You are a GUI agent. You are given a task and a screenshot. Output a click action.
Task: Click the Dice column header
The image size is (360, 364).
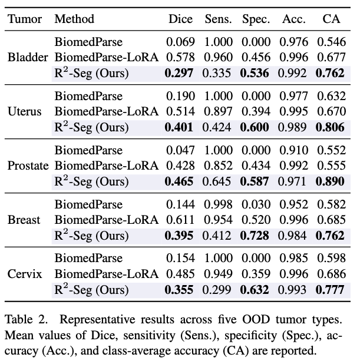pos(180,19)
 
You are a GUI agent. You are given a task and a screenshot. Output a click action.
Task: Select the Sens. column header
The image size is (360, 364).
pos(218,19)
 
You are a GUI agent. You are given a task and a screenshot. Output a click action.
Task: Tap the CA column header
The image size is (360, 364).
pos(332,19)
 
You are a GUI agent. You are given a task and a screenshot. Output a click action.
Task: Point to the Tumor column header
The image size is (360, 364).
pos(25,19)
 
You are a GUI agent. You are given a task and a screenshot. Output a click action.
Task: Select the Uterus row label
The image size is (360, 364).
pos(25,112)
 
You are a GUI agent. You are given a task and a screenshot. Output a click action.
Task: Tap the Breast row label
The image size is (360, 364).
pos(24,220)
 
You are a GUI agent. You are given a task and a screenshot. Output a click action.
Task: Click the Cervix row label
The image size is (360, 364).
pos(24,274)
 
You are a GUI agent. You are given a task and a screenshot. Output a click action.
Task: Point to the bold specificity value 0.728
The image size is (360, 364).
pos(256,236)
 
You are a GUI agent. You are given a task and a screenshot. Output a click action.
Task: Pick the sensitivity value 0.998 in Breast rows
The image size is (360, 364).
pos(218,204)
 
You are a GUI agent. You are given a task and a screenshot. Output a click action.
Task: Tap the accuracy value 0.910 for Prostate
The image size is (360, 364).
pos(293,150)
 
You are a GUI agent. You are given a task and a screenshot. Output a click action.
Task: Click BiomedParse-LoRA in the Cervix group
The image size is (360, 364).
pos(107,274)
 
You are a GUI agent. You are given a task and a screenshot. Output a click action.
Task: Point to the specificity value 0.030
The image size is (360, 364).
pos(256,204)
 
